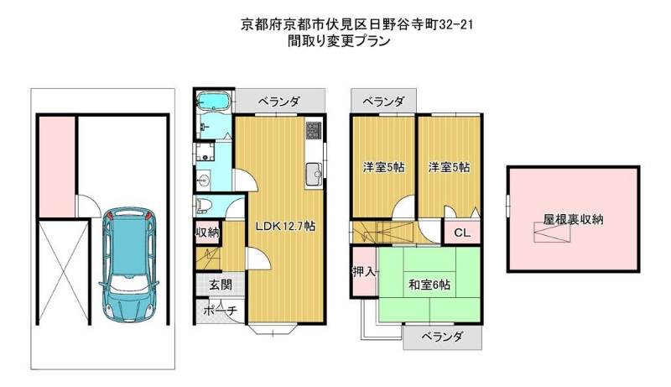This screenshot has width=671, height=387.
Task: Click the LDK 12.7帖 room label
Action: pyautogui.click(x=285, y=226)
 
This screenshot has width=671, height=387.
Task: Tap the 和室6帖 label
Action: pyautogui.click(x=429, y=285)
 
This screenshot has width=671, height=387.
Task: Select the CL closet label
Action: pyautogui.click(x=462, y=233)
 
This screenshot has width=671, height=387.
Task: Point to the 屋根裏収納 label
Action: pyautogui.click(x=574, y=219)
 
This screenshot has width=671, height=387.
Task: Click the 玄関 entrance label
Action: pyautogui.click(x=221, y=285)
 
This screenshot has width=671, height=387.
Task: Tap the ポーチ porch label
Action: pyautogui.click(x=220, y=311)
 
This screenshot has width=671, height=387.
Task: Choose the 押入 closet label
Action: pyautogui.click(x=364, y=271)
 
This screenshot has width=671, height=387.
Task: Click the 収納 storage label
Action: pyautogui.click(x=207, y=233)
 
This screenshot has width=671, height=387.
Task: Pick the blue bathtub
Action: pyautogui.click(x=214, y=102)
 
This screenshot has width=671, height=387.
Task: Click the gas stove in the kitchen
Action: pyautogui.click(x=314, y=130)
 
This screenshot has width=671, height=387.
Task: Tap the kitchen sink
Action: pyautogui.click(x=314, y=174)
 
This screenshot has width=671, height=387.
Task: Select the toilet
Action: pyautogui.click(x=202, y=207)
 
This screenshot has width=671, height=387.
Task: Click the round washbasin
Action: pyautogui.click(x=203, y=180)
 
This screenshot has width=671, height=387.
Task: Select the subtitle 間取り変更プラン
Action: pyautogui.click(x=339, y=41)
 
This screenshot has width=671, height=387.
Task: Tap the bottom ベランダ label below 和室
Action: pyautogui.click(x=442, y=337)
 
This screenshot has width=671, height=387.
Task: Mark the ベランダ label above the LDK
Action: pyautogui.click(x=279, y=102)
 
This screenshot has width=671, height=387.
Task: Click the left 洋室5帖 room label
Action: pyautogui.click(x=383, y=167)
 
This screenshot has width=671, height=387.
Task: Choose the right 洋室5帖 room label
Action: pyautogui.click(x=449, y=167)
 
